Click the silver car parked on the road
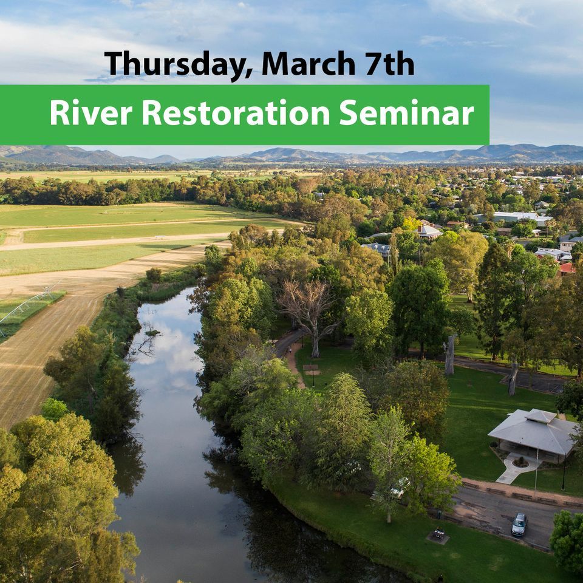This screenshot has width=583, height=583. (519, 523)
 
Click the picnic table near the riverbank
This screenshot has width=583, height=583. (438, 534)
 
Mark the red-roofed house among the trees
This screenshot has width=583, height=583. (567, 268)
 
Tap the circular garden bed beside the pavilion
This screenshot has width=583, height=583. (520, 462)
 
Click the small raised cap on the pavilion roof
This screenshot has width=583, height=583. (539, 415)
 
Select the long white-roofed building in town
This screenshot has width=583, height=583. (513, 217)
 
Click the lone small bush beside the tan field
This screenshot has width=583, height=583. (154, 274)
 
